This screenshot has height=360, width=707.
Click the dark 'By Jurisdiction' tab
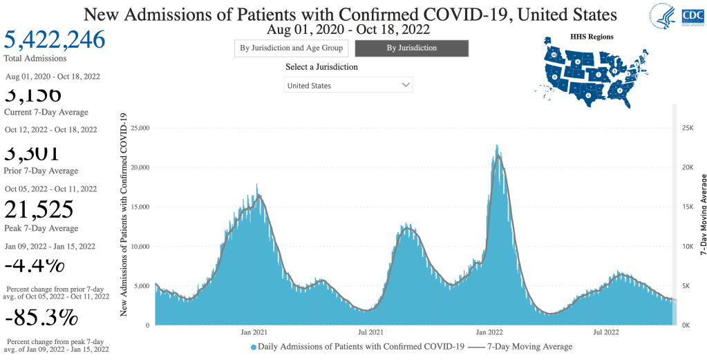point(411,48)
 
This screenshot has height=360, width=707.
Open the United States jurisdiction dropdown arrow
point(405,85)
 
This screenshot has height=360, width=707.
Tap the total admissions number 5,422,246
point(55,39)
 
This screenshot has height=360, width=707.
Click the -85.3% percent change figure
point(41,319)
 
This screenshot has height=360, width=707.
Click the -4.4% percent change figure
point(35,265)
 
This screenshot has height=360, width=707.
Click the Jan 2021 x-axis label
point(255,332)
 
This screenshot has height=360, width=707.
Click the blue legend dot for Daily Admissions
point(254,346)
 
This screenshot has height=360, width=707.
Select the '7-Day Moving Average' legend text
point(529,346)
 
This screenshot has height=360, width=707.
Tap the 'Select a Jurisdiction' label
point(321,67)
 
